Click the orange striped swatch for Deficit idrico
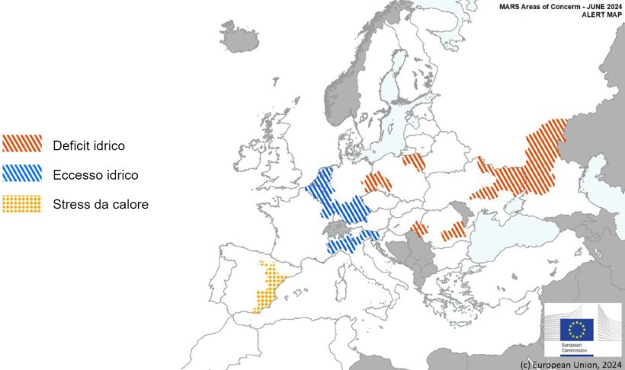point(21,145)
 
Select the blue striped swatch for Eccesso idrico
point(21,174)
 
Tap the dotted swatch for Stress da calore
point(21,204)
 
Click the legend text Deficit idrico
point(88,145)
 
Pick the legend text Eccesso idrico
point(95,175)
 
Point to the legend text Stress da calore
point(101,204)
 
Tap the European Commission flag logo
point(577,329)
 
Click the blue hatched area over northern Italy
point(352,242)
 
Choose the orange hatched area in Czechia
point(377,183)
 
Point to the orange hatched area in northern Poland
point(415,161)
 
